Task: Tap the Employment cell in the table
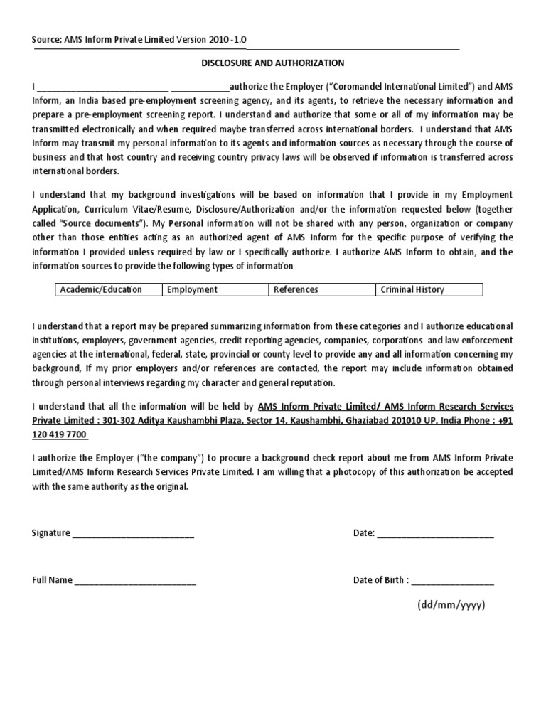(214, 289)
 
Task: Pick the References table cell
(321, 289)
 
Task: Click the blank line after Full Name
(135, 581)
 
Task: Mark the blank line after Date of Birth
(452, 581)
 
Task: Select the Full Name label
(52, 580)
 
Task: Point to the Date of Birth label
(380, 580)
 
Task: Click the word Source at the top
(47, 40)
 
